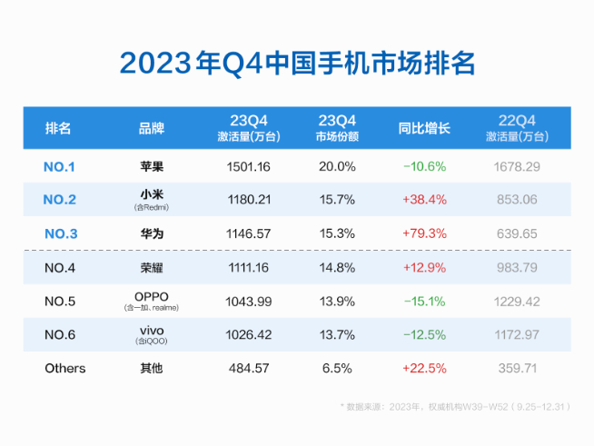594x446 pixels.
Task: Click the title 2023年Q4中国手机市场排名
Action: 297,63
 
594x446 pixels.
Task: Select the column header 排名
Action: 58,128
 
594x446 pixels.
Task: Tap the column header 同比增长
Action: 423,128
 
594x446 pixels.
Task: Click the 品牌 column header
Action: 152,128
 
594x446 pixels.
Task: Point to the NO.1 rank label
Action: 59,166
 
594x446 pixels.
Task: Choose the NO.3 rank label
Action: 61,233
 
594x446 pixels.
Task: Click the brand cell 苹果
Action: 152,166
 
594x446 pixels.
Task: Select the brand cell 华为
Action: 152,233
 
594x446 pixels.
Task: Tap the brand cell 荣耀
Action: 152,268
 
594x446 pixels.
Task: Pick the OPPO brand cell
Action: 152,297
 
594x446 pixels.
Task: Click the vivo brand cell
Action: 152,331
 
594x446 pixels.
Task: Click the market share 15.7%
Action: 335,200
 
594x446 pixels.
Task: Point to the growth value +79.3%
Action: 423,233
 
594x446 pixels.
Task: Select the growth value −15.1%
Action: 423,302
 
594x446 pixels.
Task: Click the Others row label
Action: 64,369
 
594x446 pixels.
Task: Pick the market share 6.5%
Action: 335,369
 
